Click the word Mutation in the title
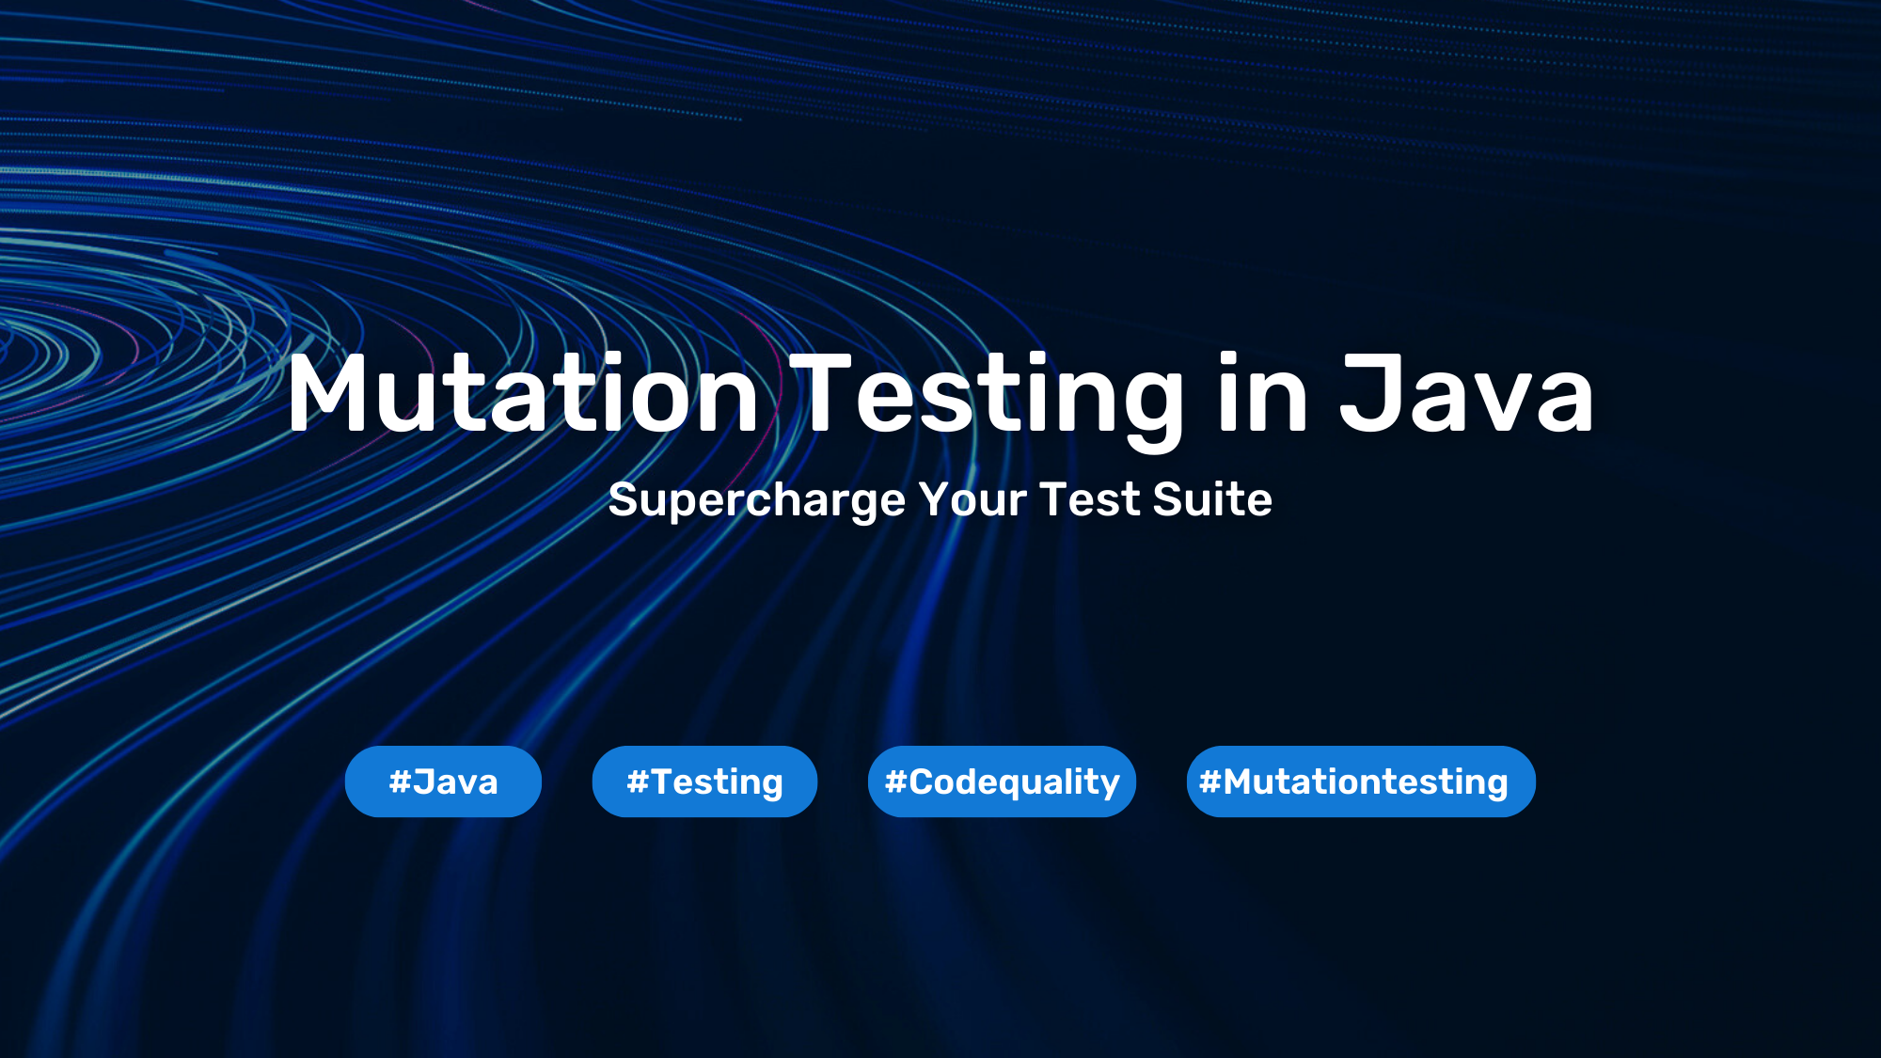pos(523,393)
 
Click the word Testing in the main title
pos(987,401)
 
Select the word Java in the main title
pos(1466,393)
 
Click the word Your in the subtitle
pos(972,499)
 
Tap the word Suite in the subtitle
pos(1212,499)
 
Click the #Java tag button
pos(443,782)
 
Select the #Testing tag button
pos(704,782)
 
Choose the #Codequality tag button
pos(1002,782)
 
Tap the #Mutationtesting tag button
pos(1361,782)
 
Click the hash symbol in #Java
pos(400,782)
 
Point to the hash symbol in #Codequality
pos(895,782)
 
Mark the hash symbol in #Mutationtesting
pos(1209,782)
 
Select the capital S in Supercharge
pos(623,499)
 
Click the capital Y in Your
pos(936,499)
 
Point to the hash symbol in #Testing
pos(638,782)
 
